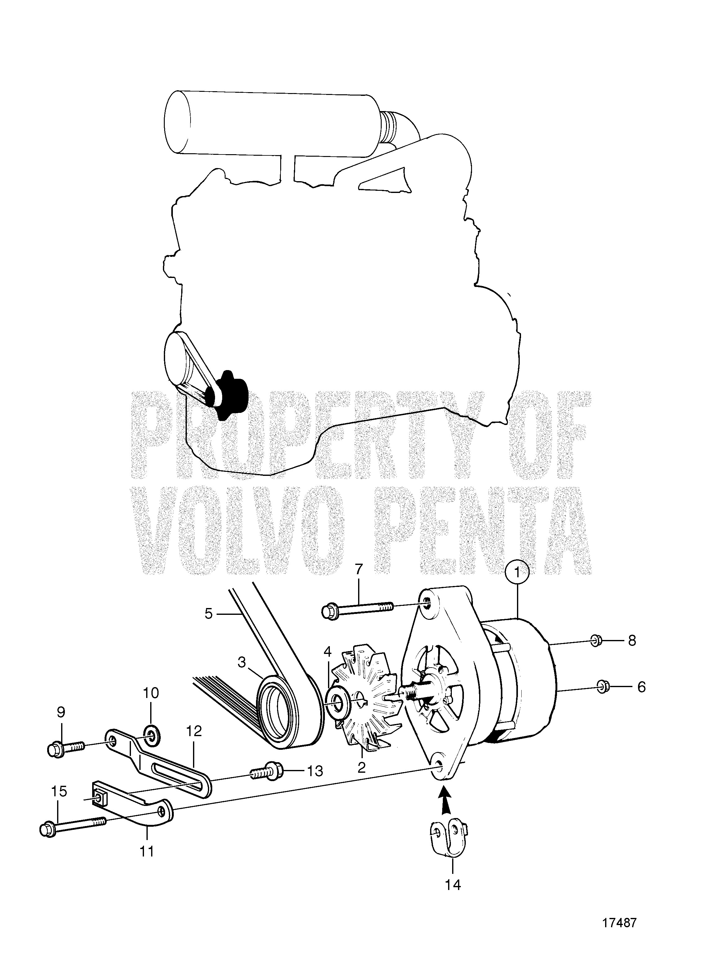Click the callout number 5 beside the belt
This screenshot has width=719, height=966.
click(x=209, y=614)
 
